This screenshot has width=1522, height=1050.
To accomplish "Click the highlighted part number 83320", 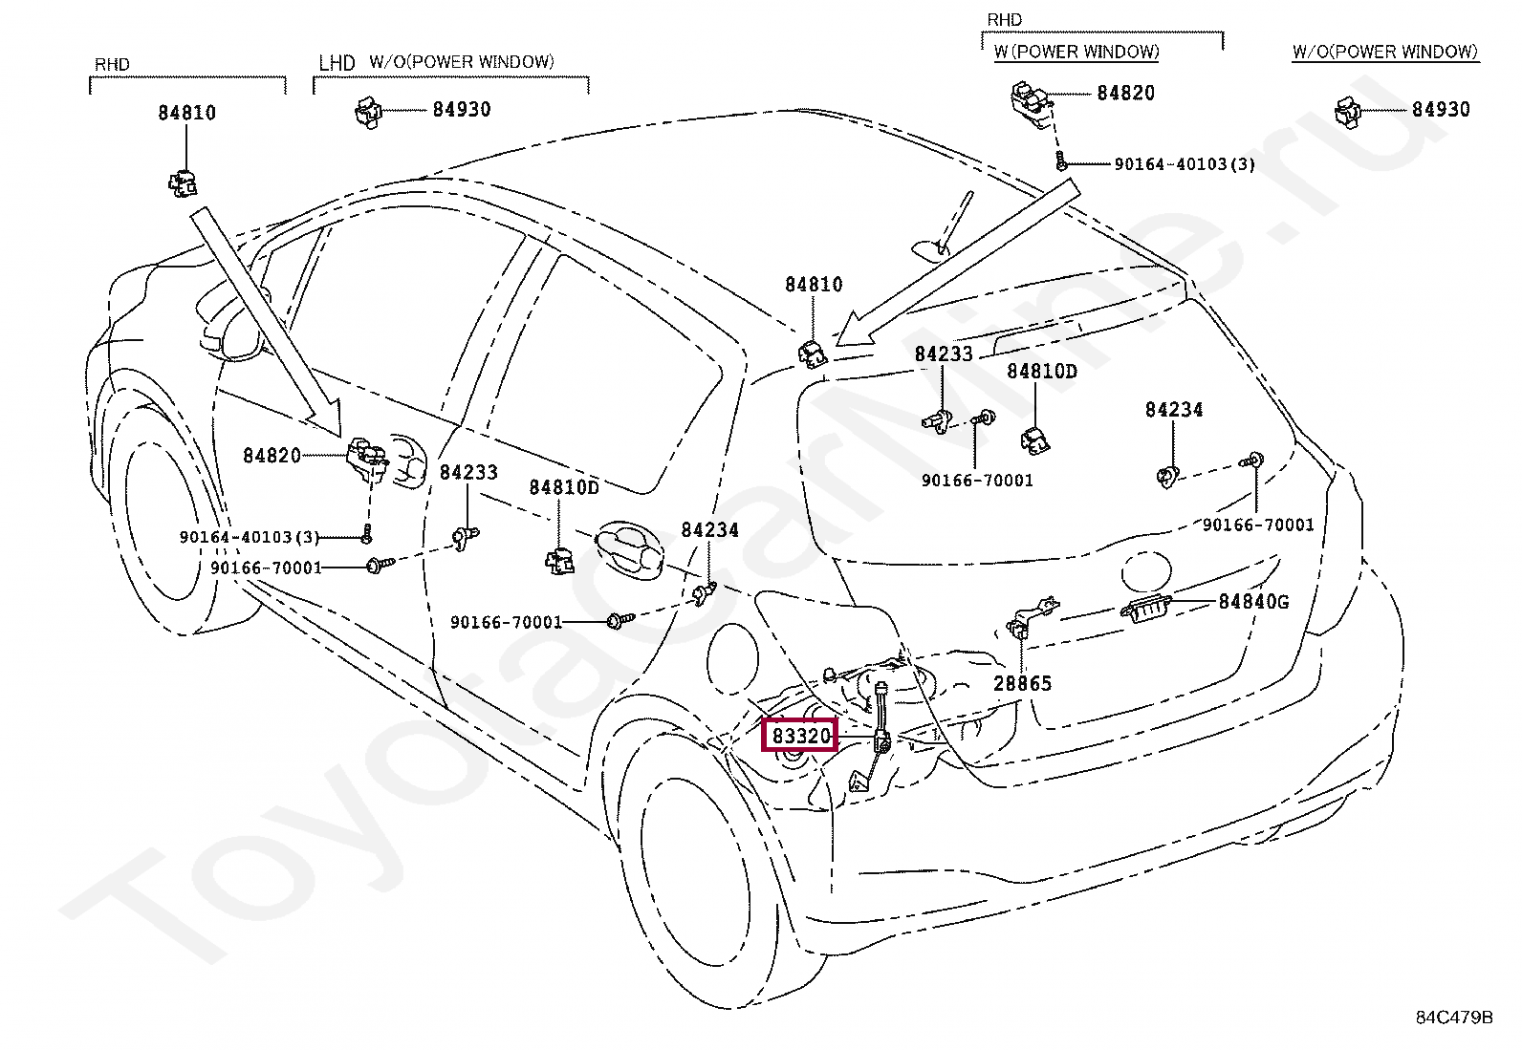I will click(x=799, y=736).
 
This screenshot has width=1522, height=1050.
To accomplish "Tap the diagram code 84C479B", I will click(x=1453, y=1018).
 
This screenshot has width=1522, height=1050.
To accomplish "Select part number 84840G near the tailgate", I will click(x=1252, y=602).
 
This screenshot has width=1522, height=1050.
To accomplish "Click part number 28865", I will click(x=1022, y=683).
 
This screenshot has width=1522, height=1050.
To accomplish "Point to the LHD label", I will click(x=337, y=63).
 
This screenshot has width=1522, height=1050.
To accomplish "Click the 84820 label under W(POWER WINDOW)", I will click(x=1125, y=93).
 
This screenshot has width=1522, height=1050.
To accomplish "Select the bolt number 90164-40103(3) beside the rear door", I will click(x=250, y=537).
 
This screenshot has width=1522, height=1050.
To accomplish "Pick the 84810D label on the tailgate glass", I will click(x=1041, y=371).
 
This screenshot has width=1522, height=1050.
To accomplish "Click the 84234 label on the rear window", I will click(x=1173, y=410).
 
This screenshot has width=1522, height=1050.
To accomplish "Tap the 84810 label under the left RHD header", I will click(x=186, y=113).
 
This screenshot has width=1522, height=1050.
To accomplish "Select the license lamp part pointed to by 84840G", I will click(x=1145, y=608).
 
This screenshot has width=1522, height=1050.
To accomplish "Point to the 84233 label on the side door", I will click(x=468, y=472).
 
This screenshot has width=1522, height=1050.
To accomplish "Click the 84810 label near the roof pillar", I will click(x=814, y=285).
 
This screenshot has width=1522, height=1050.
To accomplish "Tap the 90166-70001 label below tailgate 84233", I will click(x=977, y=481).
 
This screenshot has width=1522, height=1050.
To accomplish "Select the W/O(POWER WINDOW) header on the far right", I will click(x=1384, y=53).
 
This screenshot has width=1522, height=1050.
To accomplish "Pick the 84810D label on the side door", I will click(x=564, y=487).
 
